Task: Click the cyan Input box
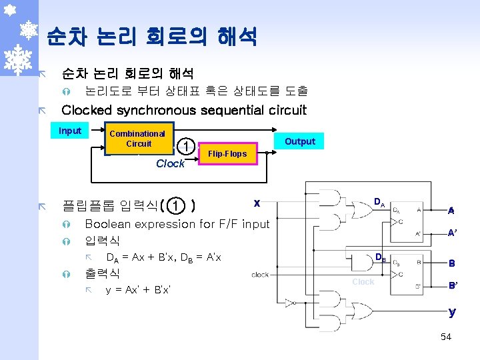pos(70,131)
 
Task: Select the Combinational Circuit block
pos(138,139)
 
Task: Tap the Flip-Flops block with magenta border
pos(227,154)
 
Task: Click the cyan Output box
pos(300,141)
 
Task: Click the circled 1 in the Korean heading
pos(175,205)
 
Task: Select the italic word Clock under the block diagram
pos(170,163)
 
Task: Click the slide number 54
pos(446,337)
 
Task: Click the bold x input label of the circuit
pos(257,202)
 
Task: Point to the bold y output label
pos(452,311)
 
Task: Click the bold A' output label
pos(452,233)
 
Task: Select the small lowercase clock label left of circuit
pos(260,274)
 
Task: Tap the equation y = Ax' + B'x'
pos(138,290)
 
